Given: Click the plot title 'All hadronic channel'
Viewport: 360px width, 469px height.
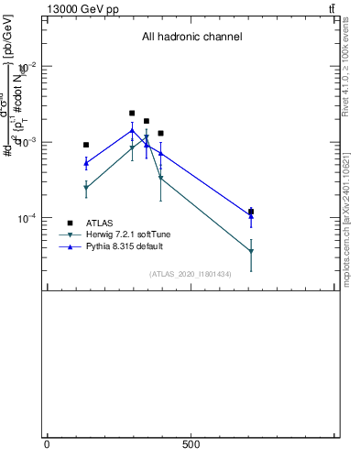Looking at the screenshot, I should [x=191, y=38].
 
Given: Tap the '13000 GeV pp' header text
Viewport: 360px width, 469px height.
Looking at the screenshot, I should [x=82, y=8].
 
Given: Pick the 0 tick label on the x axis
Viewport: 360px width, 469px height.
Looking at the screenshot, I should [x=47, y=444].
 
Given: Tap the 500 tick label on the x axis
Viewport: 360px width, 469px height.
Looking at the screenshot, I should [x=191, y=444].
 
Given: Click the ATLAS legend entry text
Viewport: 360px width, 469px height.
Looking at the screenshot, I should [x=100, y=223].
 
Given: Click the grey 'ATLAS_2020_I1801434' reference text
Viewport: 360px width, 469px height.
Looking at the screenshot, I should [x=190, y=274].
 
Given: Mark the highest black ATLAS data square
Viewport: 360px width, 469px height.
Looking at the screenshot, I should [x=132, y=114].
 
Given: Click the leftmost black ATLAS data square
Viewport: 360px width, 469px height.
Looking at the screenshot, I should [x=86, y=145].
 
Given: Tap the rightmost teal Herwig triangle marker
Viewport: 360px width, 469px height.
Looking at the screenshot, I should [x=251, y=252].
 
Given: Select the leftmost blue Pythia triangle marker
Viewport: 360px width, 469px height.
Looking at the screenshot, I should [x=86, y=163].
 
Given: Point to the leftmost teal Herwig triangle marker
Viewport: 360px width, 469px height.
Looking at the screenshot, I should [x=86, y=188].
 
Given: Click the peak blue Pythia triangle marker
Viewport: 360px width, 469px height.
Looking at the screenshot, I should [x=132, y=130].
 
